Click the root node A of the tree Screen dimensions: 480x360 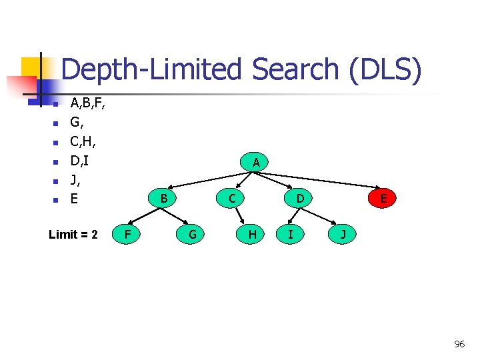[256, 162]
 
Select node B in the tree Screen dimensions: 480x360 [163, 198]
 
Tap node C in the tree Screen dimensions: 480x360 [231, 198]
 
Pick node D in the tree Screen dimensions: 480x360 [301, 198]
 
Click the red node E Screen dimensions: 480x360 [383, 198]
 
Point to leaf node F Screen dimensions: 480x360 [127, 234]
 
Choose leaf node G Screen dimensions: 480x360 [192, 234]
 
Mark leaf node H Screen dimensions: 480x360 [252, 234]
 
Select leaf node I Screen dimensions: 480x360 [291, 234]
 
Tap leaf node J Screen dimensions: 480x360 [343, 234]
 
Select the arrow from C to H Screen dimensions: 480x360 [242, 216]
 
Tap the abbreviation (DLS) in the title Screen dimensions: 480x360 [385, 70]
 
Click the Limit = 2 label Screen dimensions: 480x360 [73, 235]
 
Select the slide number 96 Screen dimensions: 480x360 [459, 344]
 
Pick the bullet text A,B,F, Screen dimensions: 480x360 [87, 103]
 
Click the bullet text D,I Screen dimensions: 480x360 [80, 161]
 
